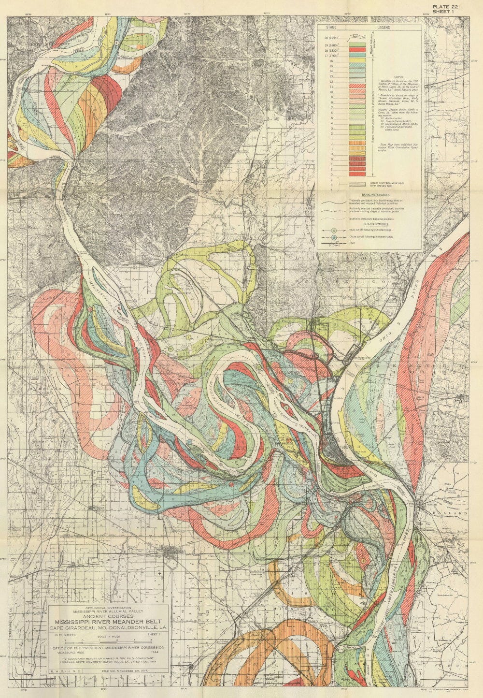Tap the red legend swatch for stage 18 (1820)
coord(357,50)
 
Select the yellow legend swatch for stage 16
coord(357,61)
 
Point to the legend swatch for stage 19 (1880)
coord(357,45)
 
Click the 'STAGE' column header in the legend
coord(331,29)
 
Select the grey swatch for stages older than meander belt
coord(357,184)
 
